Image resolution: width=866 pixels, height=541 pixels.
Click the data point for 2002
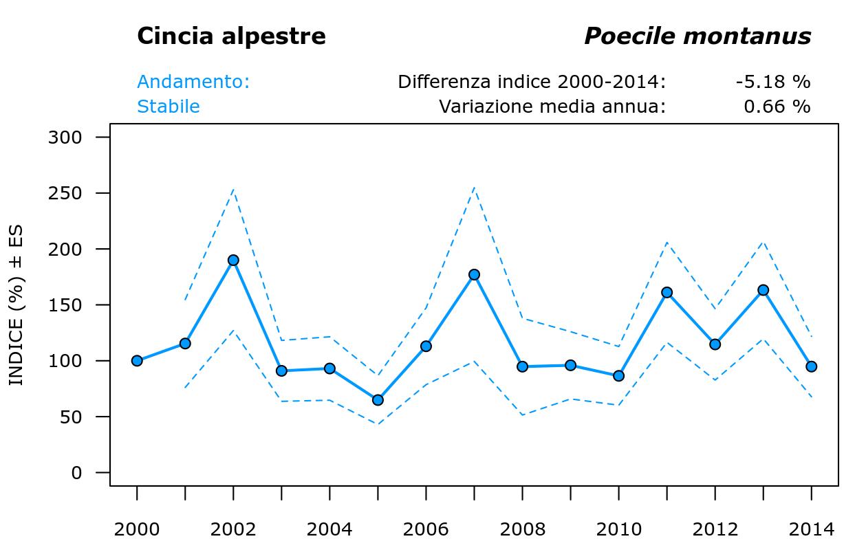(x=233, y=261)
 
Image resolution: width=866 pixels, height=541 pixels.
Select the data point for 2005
(x=378, y=400)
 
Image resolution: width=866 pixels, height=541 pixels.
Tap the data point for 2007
(x=474, y=275)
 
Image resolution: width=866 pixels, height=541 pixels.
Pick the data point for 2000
(x=137, y=361)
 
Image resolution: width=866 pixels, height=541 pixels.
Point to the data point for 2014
(x=811, y=366)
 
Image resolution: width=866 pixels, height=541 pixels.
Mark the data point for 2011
(x=667, y=293)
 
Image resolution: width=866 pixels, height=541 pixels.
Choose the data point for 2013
(x=763, y=290)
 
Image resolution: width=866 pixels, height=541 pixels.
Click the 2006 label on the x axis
(x=426, y=529)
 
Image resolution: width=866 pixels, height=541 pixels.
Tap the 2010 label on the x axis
(x=618, y=529)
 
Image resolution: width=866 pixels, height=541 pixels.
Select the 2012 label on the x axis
(x=715, y=529)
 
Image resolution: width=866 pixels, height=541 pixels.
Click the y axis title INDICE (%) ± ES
(x=16, y=305)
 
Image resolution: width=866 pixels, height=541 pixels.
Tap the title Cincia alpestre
(x=231, y=36)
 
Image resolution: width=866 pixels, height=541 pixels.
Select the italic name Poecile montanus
(x=697, y=36)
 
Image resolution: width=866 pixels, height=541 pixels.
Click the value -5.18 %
(x=772, y=82)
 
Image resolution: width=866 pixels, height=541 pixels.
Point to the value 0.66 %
(x=777, y=107)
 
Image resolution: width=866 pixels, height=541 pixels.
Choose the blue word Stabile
(x=169, y=107)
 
